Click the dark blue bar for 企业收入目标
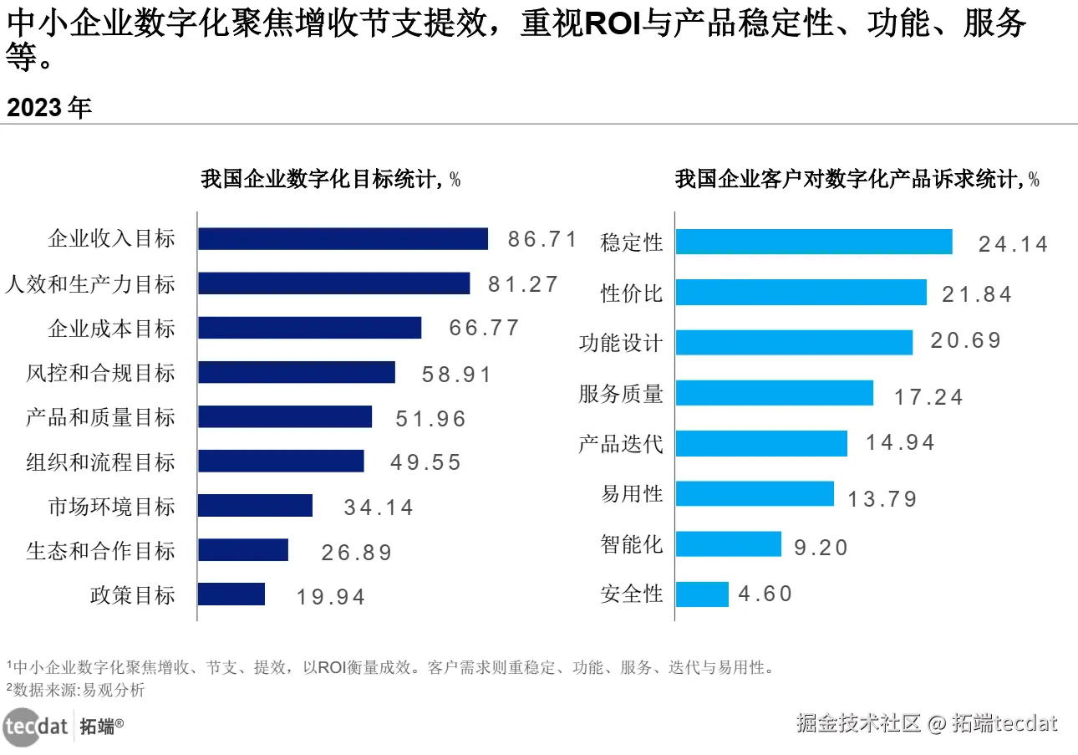point(343,239)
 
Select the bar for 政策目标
point(231,594)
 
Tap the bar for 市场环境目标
point(255,505)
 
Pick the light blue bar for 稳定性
point(814,242)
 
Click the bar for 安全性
point(702,594)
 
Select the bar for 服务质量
point(775,393)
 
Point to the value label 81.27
point(522,284)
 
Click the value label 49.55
point(425,462)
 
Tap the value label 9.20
point(821,548)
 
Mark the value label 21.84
point(976,294)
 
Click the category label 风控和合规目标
point(100,373)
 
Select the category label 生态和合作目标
point(100,551)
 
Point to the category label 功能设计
point(621,343)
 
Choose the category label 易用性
point(632,493)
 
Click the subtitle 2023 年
point(49,107)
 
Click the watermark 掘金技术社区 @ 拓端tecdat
point(927,723)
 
